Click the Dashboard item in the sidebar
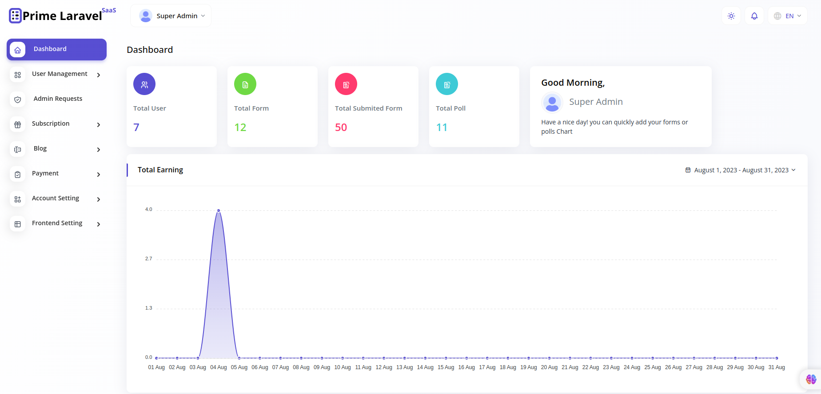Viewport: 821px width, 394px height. point(56,49)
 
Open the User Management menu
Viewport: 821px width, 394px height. point(60,74)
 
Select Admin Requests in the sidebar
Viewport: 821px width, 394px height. point(58,99)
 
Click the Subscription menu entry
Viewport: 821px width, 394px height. point(51,124)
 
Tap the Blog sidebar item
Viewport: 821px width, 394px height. point(40,149)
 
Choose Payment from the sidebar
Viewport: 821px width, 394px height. point(45,174)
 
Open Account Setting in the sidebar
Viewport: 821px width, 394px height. point(56,199)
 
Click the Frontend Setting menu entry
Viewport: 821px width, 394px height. point(57,223)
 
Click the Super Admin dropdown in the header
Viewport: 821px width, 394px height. point(171,16)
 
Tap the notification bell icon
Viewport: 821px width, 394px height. point(754,16)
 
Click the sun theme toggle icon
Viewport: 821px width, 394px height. point(731,16)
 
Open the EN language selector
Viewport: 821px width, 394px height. point(788,16)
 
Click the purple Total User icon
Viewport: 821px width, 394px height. point(144,84)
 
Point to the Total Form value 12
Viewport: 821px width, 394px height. point(240,127)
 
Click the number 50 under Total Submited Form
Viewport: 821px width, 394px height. point(341,127)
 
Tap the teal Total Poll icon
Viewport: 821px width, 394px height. point(447,84)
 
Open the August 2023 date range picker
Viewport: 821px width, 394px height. point(741,170)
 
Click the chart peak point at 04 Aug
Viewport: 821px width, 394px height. point(219,211)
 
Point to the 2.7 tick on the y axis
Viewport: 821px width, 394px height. point(149,259)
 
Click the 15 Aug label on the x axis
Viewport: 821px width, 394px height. point(446,367)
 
